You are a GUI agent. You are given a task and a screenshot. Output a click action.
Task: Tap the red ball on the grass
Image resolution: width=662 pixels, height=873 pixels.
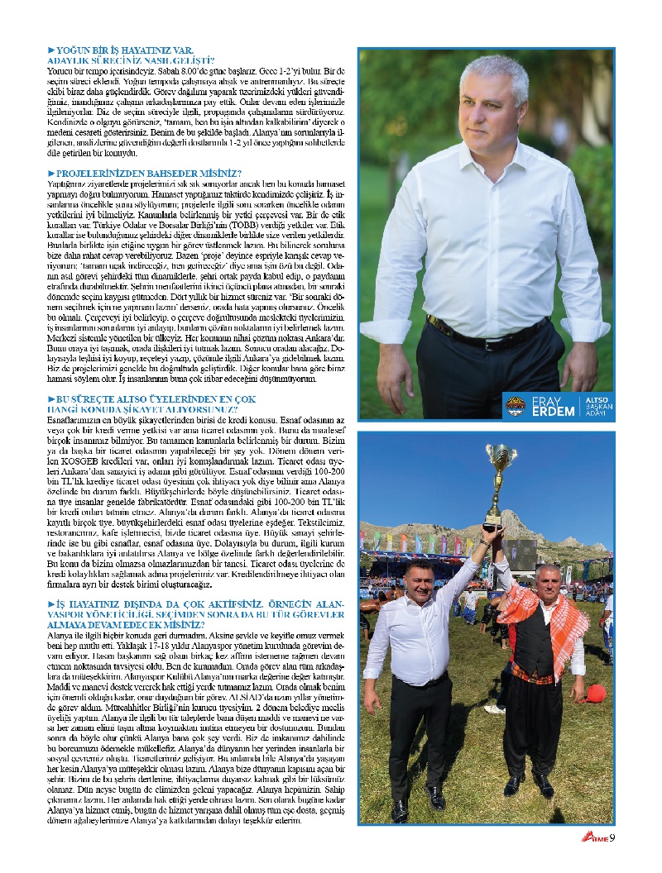[597, 693]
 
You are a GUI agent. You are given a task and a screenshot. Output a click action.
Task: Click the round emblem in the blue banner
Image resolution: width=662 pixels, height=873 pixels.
[514, 405]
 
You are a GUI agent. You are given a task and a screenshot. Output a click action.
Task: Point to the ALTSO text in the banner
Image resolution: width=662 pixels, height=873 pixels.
[597, 398]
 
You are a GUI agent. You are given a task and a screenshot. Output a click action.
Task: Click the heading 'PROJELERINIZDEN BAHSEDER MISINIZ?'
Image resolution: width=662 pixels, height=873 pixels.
[145, 172]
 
